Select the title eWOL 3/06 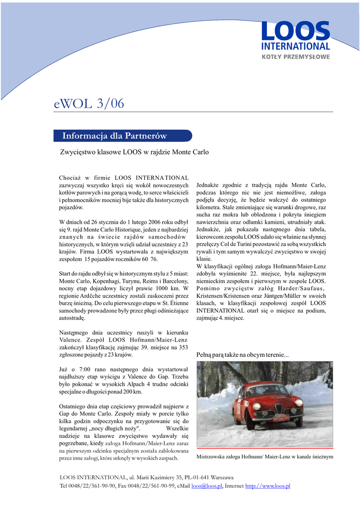tap(89, 103)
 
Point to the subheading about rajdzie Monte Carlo tap(134, 152)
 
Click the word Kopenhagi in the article tap(106, 281)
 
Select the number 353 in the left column tap(183, 347)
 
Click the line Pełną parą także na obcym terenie tap(243, 355)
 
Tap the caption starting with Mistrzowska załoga tap(265, 456)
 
